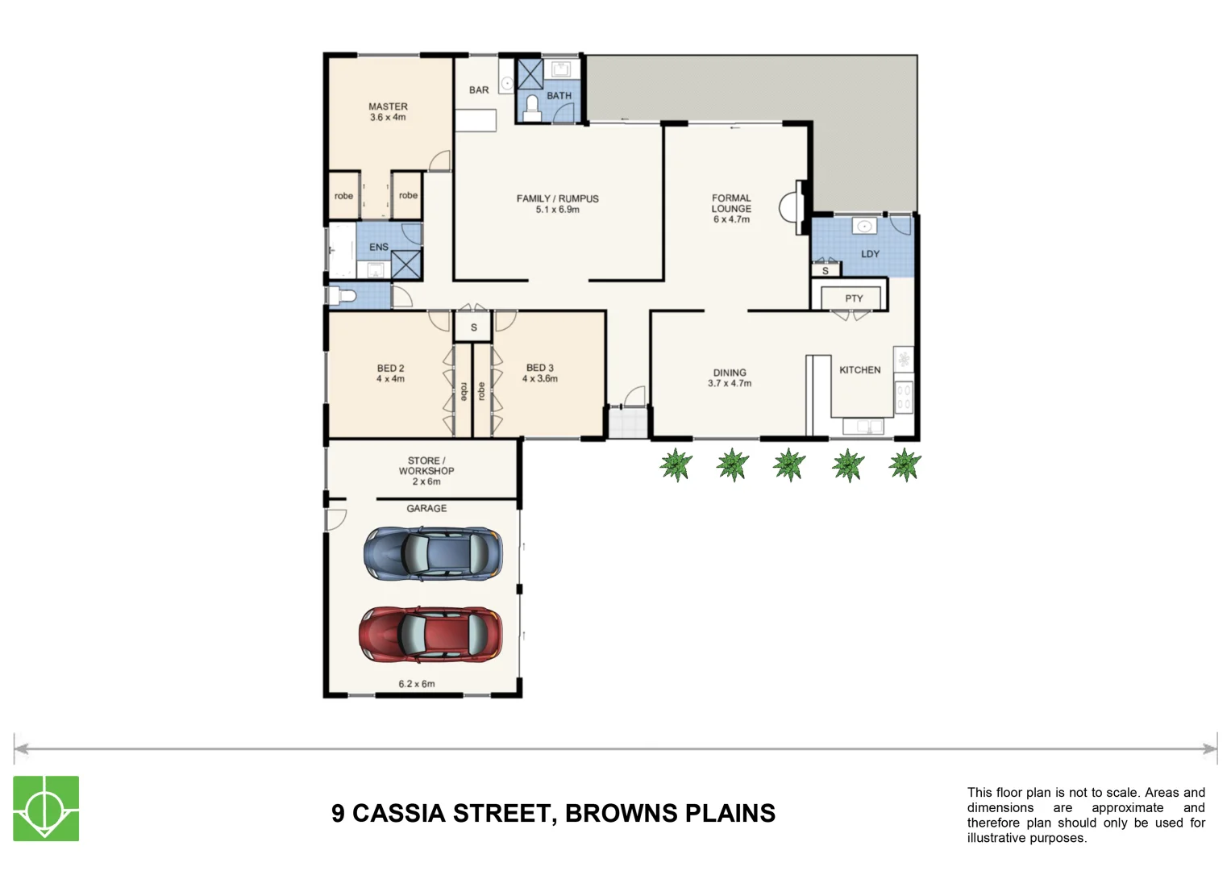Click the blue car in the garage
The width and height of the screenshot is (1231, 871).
[433, 552]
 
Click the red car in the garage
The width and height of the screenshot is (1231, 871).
[430, 633]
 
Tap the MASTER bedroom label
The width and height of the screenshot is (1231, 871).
[388, 106]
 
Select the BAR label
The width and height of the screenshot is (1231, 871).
[479, 90]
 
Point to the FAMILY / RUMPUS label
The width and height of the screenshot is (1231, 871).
[557, 198]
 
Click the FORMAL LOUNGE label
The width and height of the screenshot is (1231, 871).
[731, 203]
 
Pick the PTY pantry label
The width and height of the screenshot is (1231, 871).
[854, 298]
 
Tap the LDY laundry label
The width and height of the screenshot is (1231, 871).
[870, 254]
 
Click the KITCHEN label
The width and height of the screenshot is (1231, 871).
[859, 370]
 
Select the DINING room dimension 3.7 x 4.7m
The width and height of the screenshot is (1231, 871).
[730, 384]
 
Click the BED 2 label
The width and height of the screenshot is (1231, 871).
[390, 369]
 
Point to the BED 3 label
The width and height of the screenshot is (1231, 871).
[539, 368]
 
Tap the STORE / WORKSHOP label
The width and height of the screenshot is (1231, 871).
[426, 466]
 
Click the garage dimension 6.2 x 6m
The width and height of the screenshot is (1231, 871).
[416, 684]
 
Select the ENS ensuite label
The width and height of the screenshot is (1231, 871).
[378, 248]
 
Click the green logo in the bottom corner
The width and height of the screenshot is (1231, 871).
[46, 808]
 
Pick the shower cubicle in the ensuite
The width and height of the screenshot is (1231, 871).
[406, 265]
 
